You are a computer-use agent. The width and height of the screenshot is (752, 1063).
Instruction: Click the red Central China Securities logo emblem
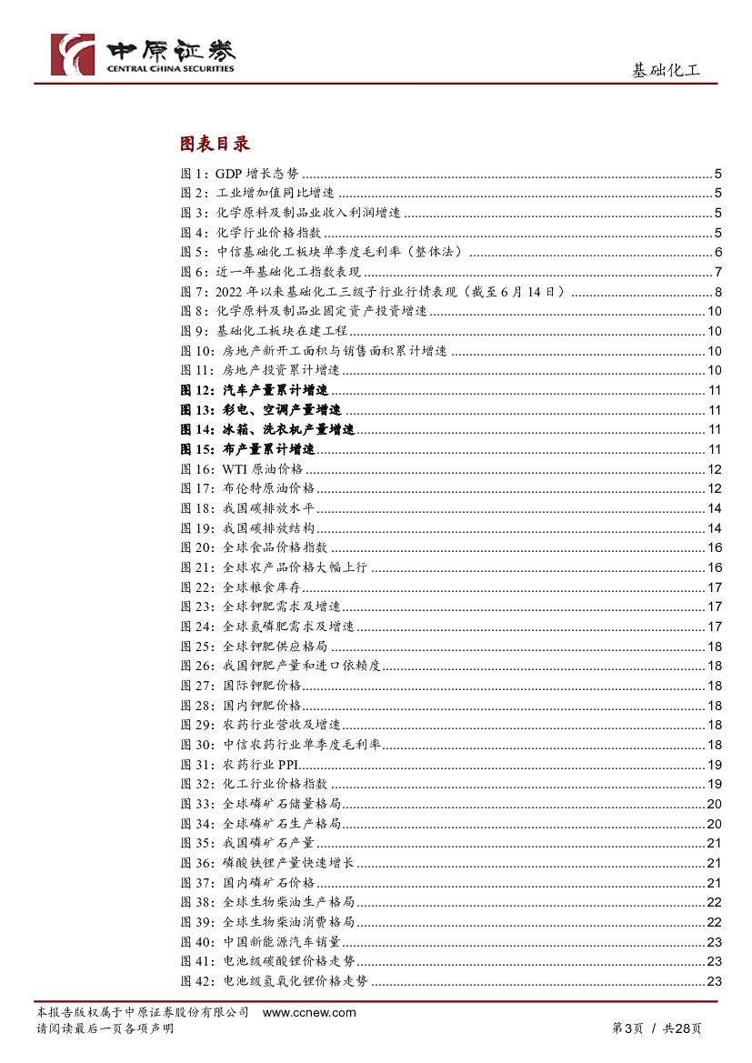72,55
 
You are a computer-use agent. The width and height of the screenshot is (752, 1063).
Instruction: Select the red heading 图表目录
215,144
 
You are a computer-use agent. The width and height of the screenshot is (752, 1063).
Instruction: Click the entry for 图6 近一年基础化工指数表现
271,272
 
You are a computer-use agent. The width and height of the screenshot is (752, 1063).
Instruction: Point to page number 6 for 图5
717,252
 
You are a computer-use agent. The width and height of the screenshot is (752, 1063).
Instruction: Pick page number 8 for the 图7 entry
717,292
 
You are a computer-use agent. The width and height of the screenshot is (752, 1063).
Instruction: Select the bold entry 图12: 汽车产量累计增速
260,390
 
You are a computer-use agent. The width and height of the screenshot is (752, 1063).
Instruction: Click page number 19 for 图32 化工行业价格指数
714,784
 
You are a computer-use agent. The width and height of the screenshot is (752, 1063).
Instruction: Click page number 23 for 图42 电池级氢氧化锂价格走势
714,981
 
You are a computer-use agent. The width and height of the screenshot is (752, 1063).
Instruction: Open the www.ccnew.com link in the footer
309,1013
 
